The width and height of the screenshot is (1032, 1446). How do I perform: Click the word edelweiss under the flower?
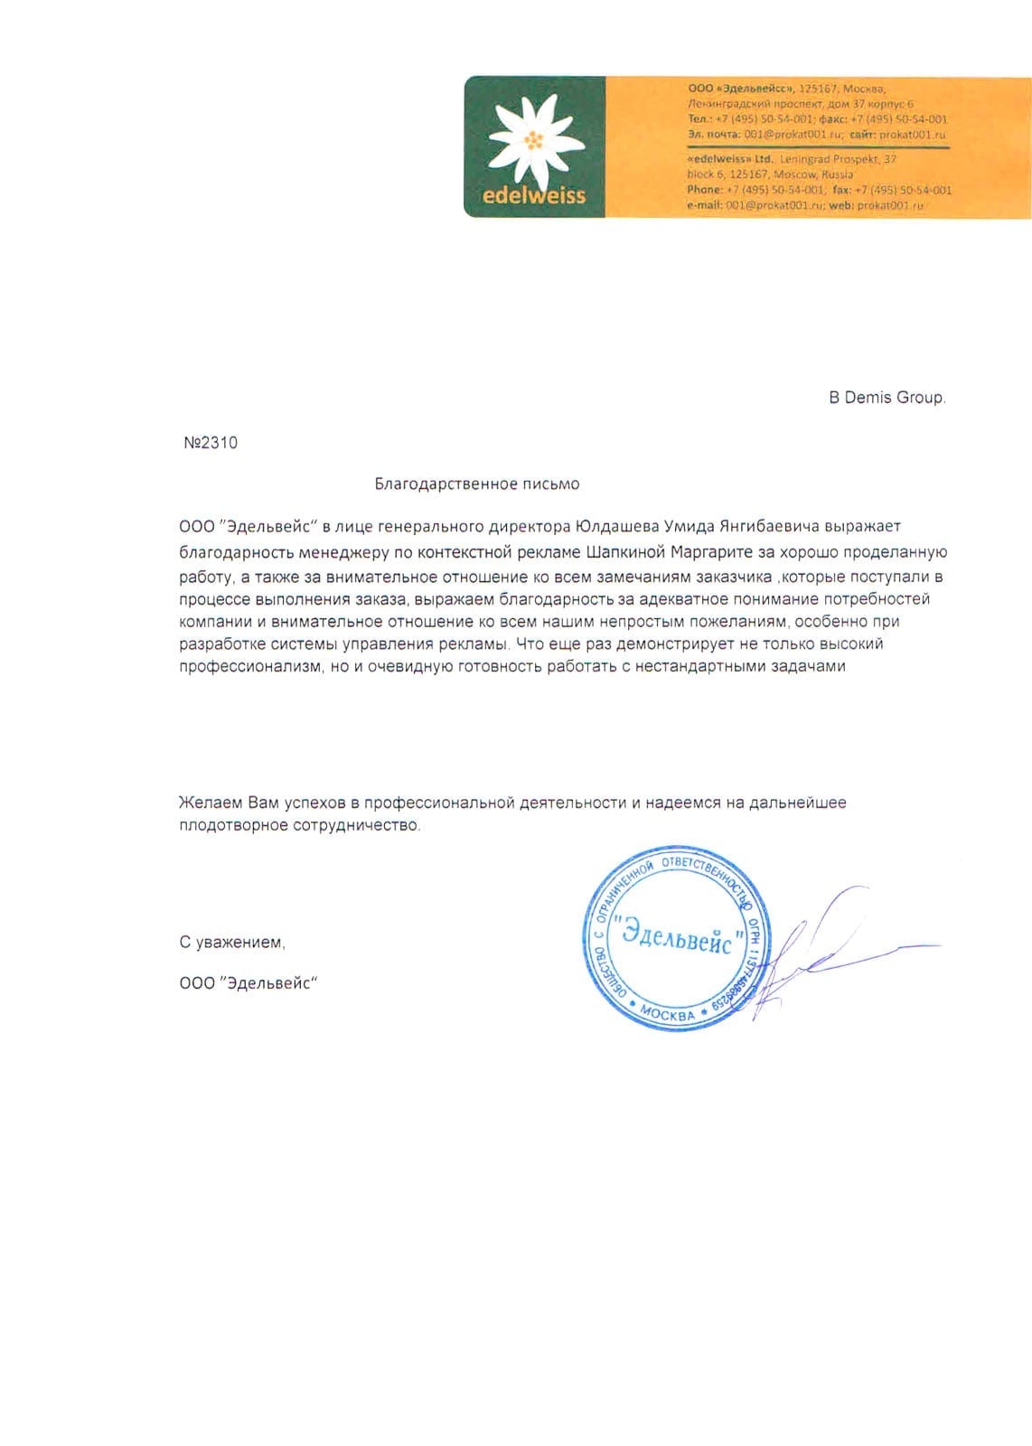[x=534, y=194]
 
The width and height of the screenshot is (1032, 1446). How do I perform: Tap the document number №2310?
[x=211, y=443]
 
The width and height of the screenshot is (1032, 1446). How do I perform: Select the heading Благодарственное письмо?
[x=477, y=484]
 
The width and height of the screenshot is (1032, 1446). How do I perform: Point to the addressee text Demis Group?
[x=895, y=398]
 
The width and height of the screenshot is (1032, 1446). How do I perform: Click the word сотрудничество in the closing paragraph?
[x=356, y=826]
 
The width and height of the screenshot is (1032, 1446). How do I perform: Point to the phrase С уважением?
[x=232, y=943]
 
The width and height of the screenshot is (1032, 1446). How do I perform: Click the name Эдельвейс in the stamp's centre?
[x=678, y=937]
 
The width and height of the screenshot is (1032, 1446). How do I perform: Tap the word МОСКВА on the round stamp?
[x=668, y=1014]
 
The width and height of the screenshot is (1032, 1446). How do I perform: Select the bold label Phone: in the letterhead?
[x=705, y=190]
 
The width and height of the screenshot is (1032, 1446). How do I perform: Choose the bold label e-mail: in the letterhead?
[x=705, y=206]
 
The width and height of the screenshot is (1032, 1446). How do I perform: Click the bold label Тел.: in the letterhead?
[x=699, y=119]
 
